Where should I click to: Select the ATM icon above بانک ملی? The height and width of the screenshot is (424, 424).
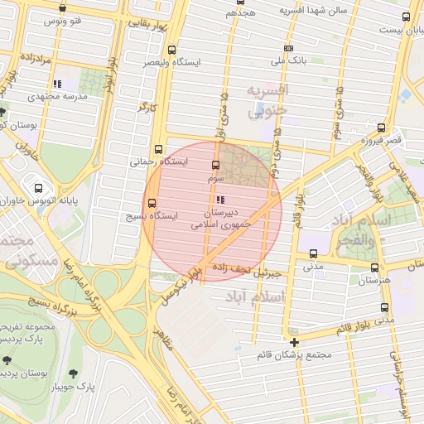(x=288, y=48)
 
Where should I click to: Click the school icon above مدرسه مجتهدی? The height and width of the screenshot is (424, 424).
(x=57, y=84)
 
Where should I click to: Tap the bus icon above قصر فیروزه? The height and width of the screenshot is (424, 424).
(x=381, y=128)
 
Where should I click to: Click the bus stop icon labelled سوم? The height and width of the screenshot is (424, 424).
(x=216, y=165)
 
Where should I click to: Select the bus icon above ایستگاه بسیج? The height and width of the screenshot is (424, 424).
(x=151, y=203)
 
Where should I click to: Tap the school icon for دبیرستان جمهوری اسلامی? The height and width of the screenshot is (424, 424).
(x=219, y=200)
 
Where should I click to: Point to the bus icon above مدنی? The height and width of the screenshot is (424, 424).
(x=313, y=253)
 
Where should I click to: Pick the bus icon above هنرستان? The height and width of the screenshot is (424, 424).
(x=375, y=267)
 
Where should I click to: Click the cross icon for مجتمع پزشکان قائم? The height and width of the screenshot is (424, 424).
(x=294, y=341)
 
